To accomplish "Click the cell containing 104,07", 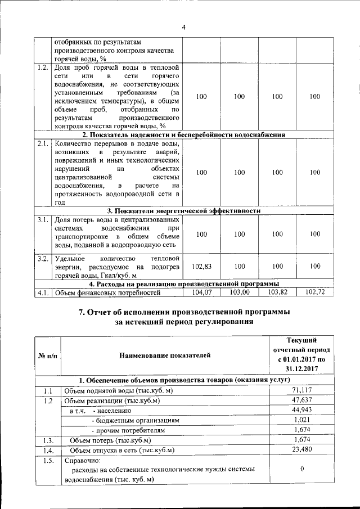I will point(201,292).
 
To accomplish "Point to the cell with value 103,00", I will point(239,292).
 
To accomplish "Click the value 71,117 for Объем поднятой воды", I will point(302,390).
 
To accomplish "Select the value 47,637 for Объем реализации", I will point(302,400).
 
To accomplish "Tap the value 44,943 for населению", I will point(302,411).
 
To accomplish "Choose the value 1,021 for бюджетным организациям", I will point(302,420).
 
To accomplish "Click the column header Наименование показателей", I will point(165,355).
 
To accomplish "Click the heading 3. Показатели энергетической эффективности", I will point(183,210).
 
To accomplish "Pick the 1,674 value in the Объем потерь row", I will point(302,440).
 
